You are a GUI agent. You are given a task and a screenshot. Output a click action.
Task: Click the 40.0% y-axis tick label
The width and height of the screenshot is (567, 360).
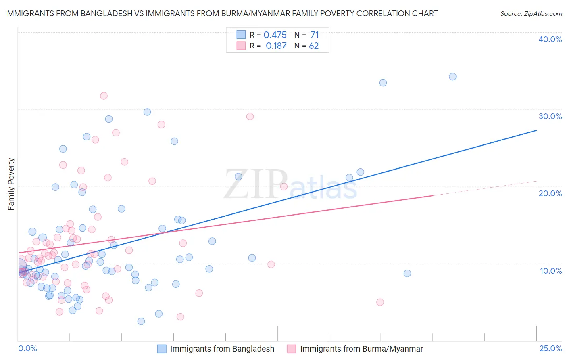[x=550, y=39]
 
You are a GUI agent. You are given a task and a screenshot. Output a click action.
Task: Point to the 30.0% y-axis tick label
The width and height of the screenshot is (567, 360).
[x=550, y=116]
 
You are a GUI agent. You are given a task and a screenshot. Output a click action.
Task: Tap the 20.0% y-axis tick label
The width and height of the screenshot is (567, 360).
[x=550, y=193]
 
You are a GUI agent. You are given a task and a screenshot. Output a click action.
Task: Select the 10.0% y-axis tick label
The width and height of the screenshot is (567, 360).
[x=551, y=271]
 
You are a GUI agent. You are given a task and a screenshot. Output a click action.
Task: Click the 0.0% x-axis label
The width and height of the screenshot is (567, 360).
[x=27, y=348]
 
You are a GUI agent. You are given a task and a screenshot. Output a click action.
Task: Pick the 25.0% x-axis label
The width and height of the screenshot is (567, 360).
[x=550, y=348]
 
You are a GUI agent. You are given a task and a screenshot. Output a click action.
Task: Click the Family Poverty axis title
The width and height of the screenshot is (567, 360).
[x=11, y=184]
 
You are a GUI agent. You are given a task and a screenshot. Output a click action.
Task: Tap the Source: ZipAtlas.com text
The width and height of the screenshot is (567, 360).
[x=531, y=13]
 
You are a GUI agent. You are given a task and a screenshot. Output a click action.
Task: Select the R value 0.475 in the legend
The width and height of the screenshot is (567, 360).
[x=275, y=35]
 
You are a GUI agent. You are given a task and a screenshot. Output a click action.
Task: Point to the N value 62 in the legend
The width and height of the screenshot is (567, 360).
[x=314, y=46]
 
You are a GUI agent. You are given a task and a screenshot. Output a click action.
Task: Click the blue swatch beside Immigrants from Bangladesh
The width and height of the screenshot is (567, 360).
[x=162, y=349]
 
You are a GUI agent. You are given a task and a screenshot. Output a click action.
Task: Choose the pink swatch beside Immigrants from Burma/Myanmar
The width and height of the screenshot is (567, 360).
[x=292, y=349]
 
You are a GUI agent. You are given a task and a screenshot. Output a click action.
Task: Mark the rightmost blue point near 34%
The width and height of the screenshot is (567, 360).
[x=452, y=77]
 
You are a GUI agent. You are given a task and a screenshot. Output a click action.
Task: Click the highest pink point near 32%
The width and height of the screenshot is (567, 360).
[x=104, y=96]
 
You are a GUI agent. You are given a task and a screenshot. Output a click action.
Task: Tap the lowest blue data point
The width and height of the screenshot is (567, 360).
[x=141, y=321]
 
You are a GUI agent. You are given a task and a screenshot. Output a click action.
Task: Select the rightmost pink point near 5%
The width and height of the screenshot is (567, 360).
[x=380, y=302]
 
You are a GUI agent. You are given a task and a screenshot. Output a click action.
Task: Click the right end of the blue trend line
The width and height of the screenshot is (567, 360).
[x=536, y=130]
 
